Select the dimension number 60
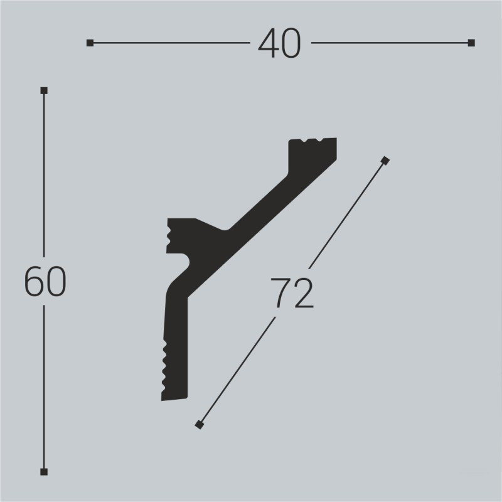point(45,281)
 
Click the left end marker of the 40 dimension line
point(90,43)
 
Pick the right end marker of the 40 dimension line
point(471,43)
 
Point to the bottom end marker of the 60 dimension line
point(43,471)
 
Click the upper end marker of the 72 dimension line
point(385,161)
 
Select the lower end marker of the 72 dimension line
point(200,425)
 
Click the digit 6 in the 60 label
point(34,281)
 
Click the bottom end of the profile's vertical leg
point(175,397)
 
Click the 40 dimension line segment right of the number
point(389,43)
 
